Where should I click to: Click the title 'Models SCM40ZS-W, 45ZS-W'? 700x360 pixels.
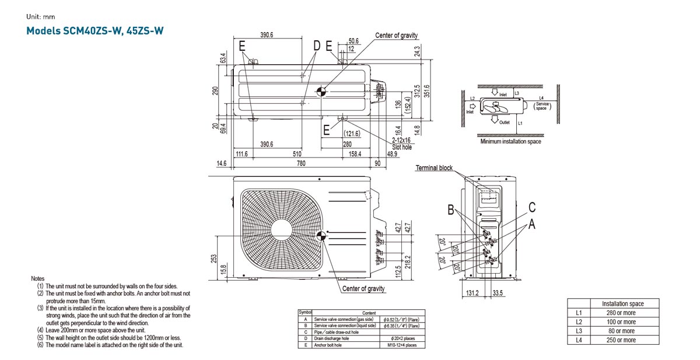tap(94, 30)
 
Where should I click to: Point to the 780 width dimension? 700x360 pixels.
tap(300, 164)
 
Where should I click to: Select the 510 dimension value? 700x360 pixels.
tap(297, 154)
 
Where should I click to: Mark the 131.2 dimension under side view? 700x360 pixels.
tap(473, 293)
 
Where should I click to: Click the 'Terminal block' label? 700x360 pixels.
tap(433, 168)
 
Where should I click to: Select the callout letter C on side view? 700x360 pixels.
tap(532, 207)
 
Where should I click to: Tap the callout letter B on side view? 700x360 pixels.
tap(450, 210)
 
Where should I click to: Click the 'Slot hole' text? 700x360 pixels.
tap(402, 147)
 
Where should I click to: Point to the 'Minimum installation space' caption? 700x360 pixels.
tap(510, 141)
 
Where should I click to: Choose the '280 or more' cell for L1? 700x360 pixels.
tap(622, 313)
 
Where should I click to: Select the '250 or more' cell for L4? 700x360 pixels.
tap(622, 340)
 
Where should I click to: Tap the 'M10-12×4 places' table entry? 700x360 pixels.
tap(402, 345)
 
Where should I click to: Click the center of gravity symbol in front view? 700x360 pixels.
tap(320, 236)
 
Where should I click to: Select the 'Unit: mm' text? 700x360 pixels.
tap(40, 16)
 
